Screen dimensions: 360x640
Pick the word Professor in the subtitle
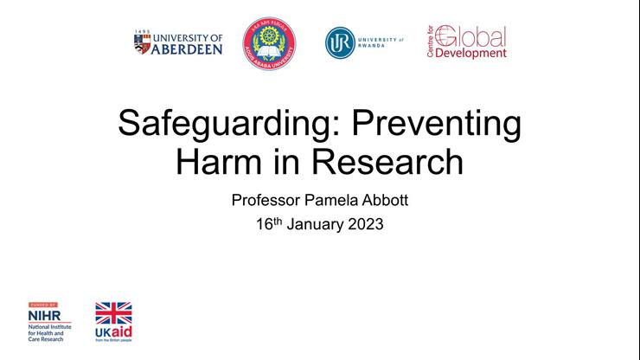point(268,201)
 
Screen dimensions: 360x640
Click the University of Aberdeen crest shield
point(142,43)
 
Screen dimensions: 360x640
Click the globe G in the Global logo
point(445,35)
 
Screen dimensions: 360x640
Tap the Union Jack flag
point(113,312)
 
